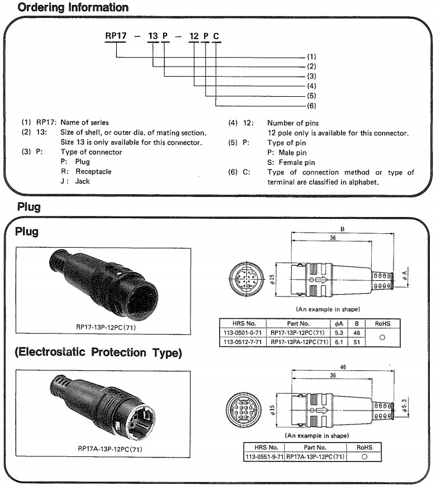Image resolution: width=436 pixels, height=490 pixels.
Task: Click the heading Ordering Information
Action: pos(73,7)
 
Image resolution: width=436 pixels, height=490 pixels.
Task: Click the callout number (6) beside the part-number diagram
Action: pos(312,105)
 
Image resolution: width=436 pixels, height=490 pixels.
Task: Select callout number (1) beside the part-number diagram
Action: pos(312,57)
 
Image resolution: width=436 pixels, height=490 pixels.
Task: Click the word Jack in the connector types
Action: pos(83,181)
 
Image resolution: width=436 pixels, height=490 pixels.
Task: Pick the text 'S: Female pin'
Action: pos(294,162)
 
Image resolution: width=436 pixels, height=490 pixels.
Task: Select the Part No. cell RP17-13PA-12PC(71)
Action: pos(299,342)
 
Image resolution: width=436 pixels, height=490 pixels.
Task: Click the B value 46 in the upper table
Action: pos(357,332)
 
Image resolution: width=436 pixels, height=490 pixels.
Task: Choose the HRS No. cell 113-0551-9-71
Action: pos(265,457)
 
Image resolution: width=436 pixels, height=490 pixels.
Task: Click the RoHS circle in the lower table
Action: pos(364,457)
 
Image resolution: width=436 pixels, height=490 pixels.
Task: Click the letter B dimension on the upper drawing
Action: pos(342,228)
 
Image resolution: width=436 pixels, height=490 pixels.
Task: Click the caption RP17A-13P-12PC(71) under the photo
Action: pos(109,449)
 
